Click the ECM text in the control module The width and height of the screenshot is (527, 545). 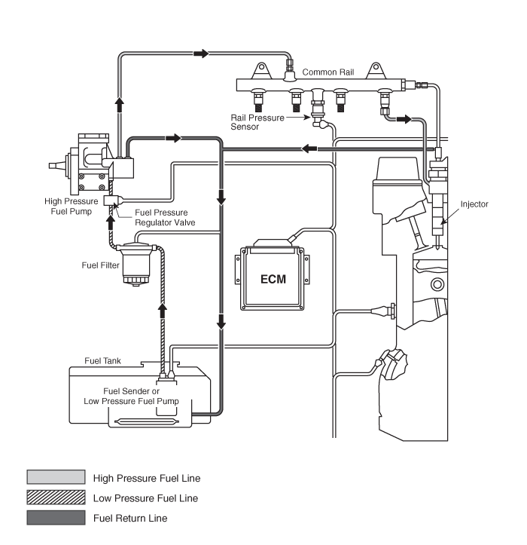click(273, 279)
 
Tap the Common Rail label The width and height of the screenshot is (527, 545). click(328, 72)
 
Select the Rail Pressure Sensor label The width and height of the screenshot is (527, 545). click(257, 122)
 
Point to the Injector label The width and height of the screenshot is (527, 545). click(474, 204)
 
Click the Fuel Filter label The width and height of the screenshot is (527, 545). click(100, 265)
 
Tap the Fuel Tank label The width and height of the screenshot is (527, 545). click(102, 361)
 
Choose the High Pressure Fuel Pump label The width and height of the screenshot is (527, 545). click(72, 206)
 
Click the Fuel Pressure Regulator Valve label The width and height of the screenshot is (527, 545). click(165, 217)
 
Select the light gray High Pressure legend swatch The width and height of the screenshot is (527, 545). click(56, 477)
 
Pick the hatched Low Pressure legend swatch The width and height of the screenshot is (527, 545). click(56, 497)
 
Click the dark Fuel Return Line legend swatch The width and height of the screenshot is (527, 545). click(56, 517)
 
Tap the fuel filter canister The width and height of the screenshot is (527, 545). click(136, 264)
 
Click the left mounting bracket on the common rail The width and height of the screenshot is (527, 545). click(261, 71)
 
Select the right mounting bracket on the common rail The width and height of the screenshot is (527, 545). click(376, 71)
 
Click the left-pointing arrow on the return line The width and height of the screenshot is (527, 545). click(309, 148)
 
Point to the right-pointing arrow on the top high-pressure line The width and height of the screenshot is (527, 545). click(201, 54)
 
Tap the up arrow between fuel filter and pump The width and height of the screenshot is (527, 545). click(111, 222)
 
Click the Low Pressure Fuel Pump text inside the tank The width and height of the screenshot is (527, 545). click(131, 401)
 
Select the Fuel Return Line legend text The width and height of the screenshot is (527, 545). click(130, 518)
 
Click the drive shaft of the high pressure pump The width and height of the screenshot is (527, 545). click(57, 166)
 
